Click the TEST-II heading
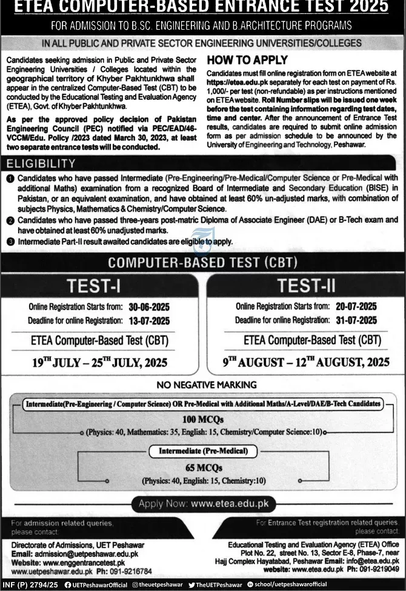pos(306,285)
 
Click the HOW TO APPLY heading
pos(247,61)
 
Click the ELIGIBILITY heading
pos(41,163)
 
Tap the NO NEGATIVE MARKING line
pos(203,385)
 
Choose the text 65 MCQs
pos(202,467)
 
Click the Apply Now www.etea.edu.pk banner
pos(203,503)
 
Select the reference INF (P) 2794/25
pos(30,585)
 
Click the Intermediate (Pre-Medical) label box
pos(203,451)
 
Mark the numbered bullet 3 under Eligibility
pos(10,242)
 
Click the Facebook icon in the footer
pos(68,585)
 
